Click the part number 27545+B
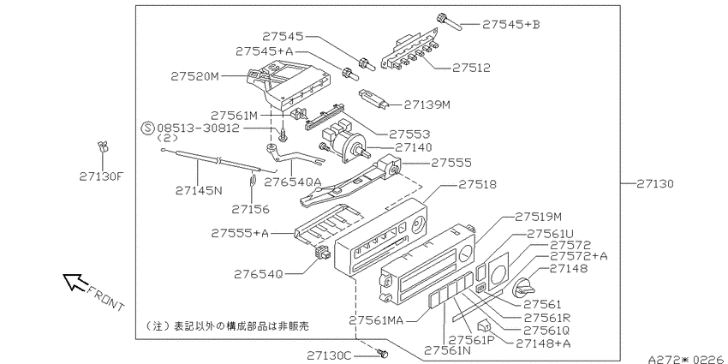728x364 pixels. (x=511, y=24)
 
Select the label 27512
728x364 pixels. (x=471, y=68)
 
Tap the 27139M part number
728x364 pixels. (x=427, y=105)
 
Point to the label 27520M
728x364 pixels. (x=194, y=76)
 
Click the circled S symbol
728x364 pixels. (x=147, y=128)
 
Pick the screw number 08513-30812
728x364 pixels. (x=199, y=128)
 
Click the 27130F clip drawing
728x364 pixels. (x=103, y=147)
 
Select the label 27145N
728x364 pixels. (x=200, y=190)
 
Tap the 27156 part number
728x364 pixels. (x=251, y=209)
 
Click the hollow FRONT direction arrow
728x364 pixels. (x=75, y=282)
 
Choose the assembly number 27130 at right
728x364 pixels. (x=654, y=184)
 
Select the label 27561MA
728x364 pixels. (x=377, y=320)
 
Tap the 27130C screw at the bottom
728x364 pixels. (x=383, y=354)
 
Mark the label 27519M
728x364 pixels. (x=538, y=217)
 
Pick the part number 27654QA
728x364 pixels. (x=293, y=182)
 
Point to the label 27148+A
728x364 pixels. (x=543, y=343)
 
